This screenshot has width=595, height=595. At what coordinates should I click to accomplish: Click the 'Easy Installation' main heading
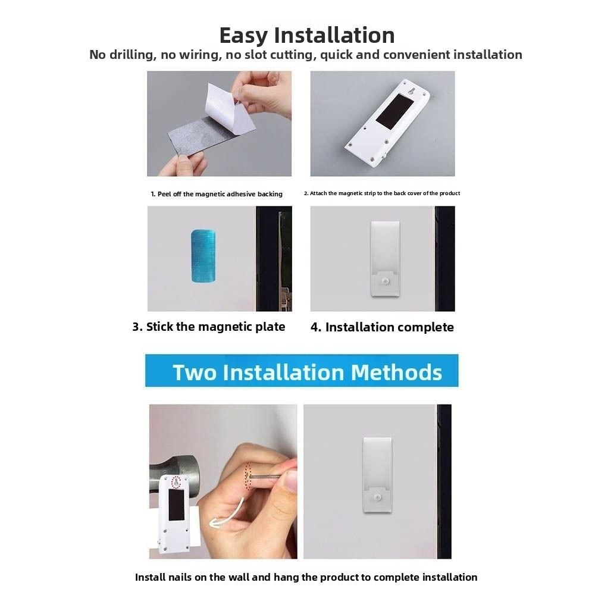307,35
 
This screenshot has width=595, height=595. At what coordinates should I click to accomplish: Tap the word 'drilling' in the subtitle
132,55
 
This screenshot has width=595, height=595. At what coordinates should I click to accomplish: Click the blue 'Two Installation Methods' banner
302,371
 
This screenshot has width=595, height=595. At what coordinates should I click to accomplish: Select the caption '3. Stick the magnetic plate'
209,327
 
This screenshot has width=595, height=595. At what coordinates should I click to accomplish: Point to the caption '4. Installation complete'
382,327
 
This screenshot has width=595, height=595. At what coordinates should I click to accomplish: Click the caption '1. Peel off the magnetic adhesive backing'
217,194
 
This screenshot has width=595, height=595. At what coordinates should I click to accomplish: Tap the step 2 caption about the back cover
382,193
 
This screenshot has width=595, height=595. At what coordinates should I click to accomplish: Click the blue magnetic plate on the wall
203,256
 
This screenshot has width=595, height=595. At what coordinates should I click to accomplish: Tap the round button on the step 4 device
386,281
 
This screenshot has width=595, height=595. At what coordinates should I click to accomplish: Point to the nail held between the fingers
268,475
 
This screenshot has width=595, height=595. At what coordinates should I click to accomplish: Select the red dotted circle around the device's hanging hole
176,483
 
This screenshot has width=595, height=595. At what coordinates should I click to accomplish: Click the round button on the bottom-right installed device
377,497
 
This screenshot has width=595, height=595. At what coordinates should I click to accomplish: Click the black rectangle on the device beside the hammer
177,505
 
